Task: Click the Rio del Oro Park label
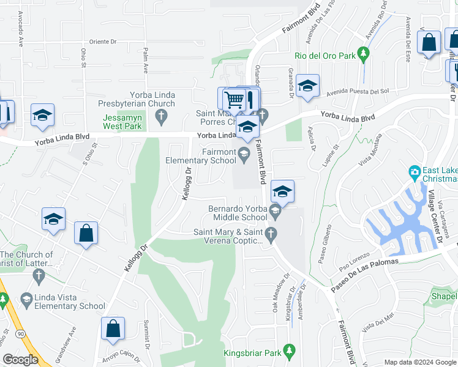[x=325, y=56]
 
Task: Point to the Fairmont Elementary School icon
[x=244, y=153]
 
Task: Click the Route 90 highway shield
[x=21, y=333]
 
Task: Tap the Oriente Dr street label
[x=102, y=42]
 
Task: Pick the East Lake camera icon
[x=414, y=172]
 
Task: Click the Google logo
[x=20, y=360]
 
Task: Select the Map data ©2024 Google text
[x=419, y=362]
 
